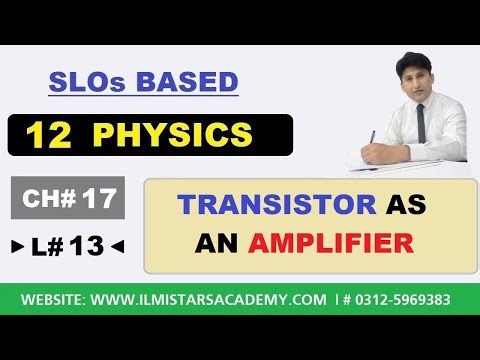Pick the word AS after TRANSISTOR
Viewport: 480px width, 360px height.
pos(406,206)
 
